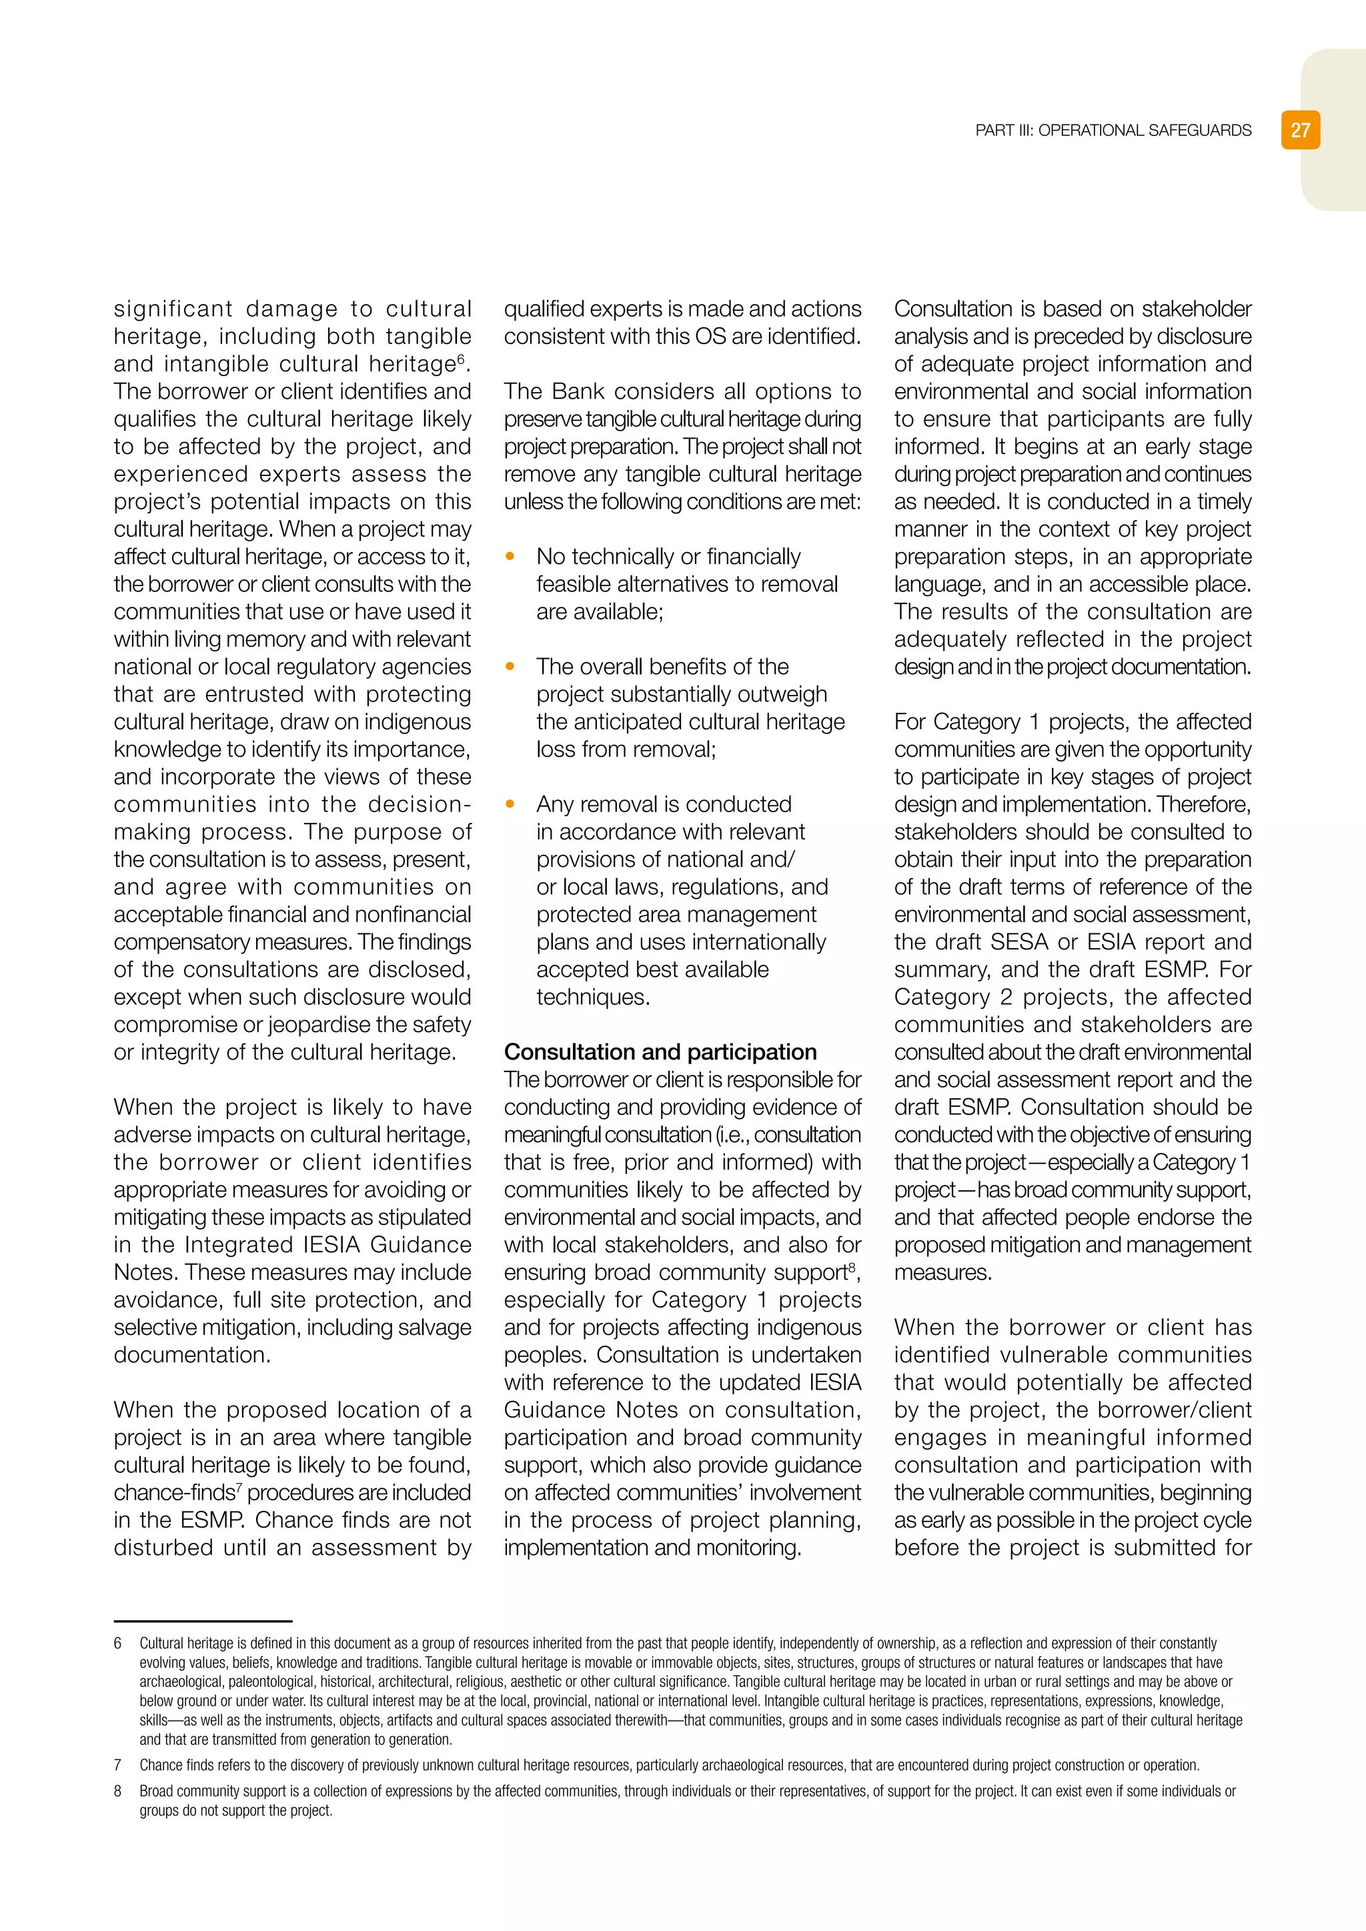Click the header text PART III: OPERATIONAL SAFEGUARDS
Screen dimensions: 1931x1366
point(1113,131)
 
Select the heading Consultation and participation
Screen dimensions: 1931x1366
point(660,1052)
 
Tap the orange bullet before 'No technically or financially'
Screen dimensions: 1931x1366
point(510,556)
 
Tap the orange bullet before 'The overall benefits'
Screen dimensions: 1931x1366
point(510,666)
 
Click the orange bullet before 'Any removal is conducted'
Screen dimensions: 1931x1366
point(510,804)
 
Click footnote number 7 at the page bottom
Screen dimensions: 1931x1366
point(118,1766)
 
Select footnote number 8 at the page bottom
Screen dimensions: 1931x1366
point(118,1792)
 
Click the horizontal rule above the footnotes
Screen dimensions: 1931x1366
point(203,1621)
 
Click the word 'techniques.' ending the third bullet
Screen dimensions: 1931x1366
point(593,998)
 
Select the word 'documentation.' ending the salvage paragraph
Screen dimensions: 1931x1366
point(193,1355)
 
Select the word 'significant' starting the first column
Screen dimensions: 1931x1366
point(173,309)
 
